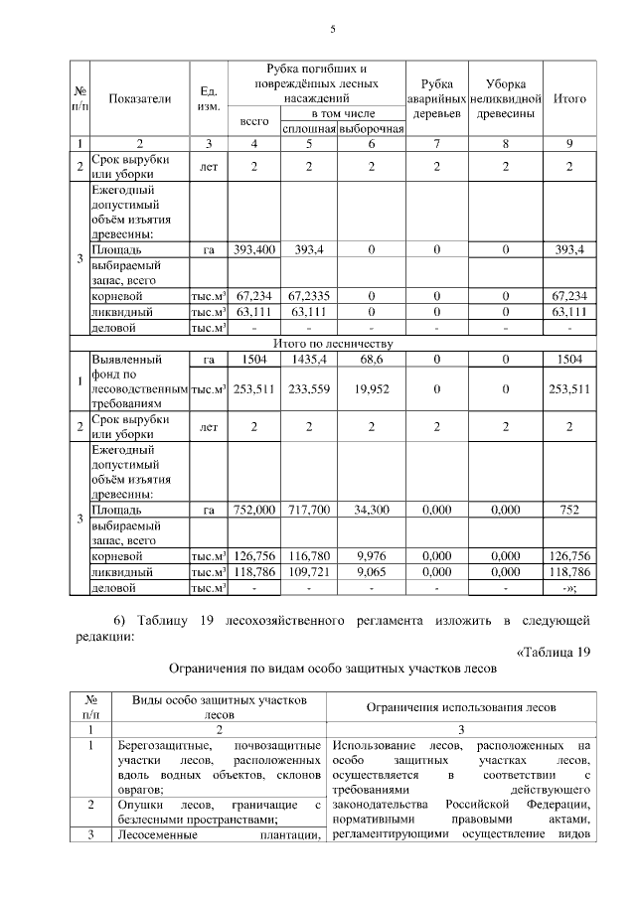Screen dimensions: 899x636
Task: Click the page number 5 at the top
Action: tap(333, 30)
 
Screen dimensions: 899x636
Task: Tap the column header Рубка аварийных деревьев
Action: tap(437, 99)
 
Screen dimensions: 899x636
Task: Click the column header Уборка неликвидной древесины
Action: tap(506, 99)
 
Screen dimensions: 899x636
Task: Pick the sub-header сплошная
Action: tap(309, 129)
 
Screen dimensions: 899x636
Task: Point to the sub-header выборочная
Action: tap(371, 129)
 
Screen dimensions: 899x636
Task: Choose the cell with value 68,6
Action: tap(371, 359)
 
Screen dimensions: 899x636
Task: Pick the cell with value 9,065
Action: tap(371, 572)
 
